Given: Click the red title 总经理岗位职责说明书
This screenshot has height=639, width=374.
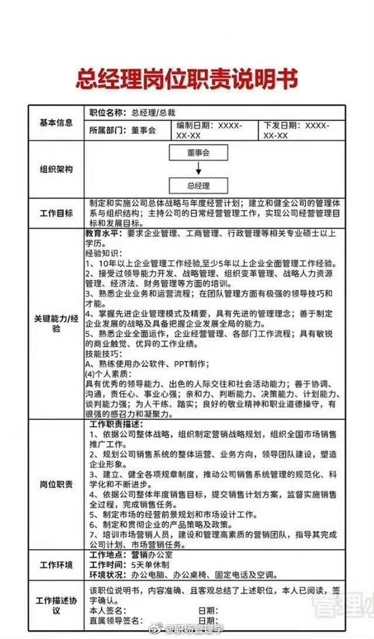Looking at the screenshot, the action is (186, 78).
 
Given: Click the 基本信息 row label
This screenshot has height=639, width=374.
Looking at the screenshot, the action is (56, 122).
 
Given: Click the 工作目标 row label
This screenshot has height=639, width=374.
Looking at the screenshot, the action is (56, 213).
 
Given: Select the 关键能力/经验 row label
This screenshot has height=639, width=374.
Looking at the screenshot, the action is (56, 323).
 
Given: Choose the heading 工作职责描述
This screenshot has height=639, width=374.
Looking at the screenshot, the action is (117, 424).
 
